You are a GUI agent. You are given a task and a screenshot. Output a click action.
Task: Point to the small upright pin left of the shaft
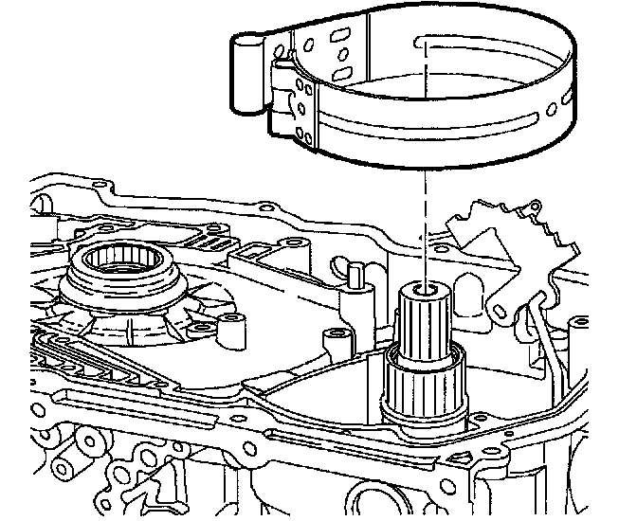pyautogui.click(x=355, y=277)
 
